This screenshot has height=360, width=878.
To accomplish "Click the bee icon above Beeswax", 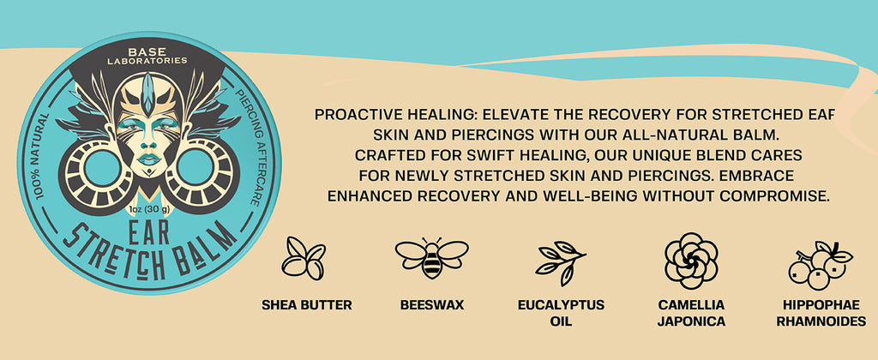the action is click(x=432, y=258).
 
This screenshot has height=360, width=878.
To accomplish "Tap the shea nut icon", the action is click(x=303, y=258).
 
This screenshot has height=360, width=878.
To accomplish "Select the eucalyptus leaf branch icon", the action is click(x=561, y=262).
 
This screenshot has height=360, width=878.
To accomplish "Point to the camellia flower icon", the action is click(x=691, y=261).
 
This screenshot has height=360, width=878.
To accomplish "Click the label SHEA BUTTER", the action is click(x=307, y=305).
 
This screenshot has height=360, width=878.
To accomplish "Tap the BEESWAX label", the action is click(x=432, y=305).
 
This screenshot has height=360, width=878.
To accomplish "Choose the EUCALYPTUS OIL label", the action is click(x=561, y=314).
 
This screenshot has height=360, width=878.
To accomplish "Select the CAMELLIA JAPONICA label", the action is click(x=691, y=314).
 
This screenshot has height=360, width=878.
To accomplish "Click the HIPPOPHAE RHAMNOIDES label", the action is click(x=821, y=314).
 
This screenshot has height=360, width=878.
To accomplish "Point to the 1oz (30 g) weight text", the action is click(x=149, y=209).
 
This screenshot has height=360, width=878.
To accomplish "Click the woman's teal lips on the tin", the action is click(x=149, y=159).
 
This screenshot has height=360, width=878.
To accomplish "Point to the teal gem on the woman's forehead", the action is click(x=147, y=93).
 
